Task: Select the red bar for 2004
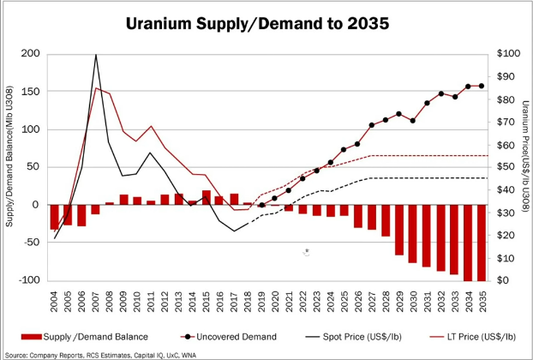(55, 217)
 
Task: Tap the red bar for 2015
(207, 197)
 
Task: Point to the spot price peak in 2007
(95, 55)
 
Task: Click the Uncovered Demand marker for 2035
(481, 86)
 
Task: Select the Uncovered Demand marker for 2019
(261, 205)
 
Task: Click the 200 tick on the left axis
(32, 54)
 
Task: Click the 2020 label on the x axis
(275, 299)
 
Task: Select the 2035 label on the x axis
(482, 299)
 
